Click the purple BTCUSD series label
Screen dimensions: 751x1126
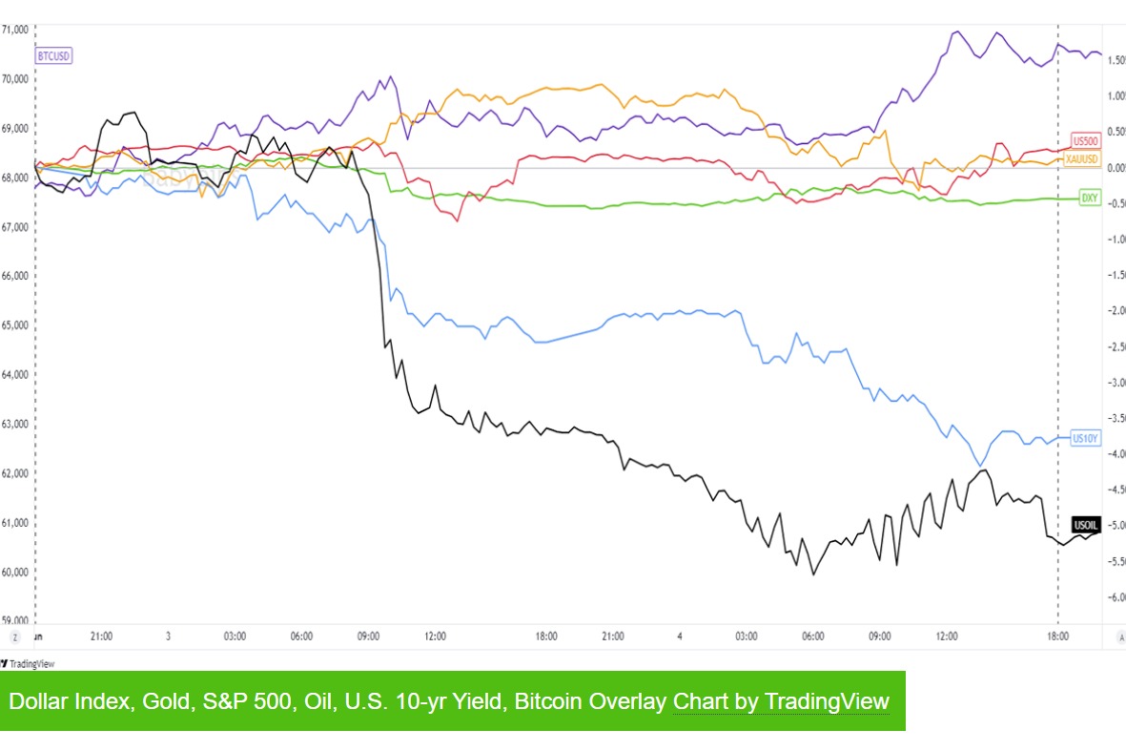53,56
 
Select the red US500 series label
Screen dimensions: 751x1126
1086,140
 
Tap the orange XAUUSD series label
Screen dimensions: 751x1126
1083,158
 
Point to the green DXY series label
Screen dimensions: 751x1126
1089,198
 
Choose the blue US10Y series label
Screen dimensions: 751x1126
1086,439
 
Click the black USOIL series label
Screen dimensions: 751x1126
1086,525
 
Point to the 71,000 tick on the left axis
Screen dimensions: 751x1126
14,30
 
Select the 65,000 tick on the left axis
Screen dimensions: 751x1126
14,325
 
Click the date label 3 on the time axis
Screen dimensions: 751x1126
168,636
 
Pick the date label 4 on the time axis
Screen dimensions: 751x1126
680,636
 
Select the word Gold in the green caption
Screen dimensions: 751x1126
163,701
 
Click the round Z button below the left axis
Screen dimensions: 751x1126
15,636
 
